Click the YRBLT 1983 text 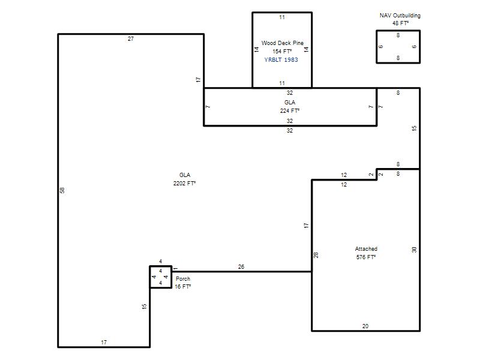[281, 59]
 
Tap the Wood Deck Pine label [282, 43]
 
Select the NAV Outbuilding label [400, 16]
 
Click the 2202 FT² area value [184, 183]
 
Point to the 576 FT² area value [366, 257]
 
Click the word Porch [183, 278]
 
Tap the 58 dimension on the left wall [62, 190]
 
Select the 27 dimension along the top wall [131, 39]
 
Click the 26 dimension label [241, 266]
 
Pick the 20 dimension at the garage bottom [365, 326]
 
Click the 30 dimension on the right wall [414, 250]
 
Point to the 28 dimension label [316, 254]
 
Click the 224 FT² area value [290, 110]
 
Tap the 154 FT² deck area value [282, 52]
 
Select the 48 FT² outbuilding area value [400, 23]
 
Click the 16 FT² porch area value [183, 287]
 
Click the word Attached [366, 248]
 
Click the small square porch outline [150, 277]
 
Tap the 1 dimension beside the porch [175, 268]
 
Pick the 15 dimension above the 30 [414, 128]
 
